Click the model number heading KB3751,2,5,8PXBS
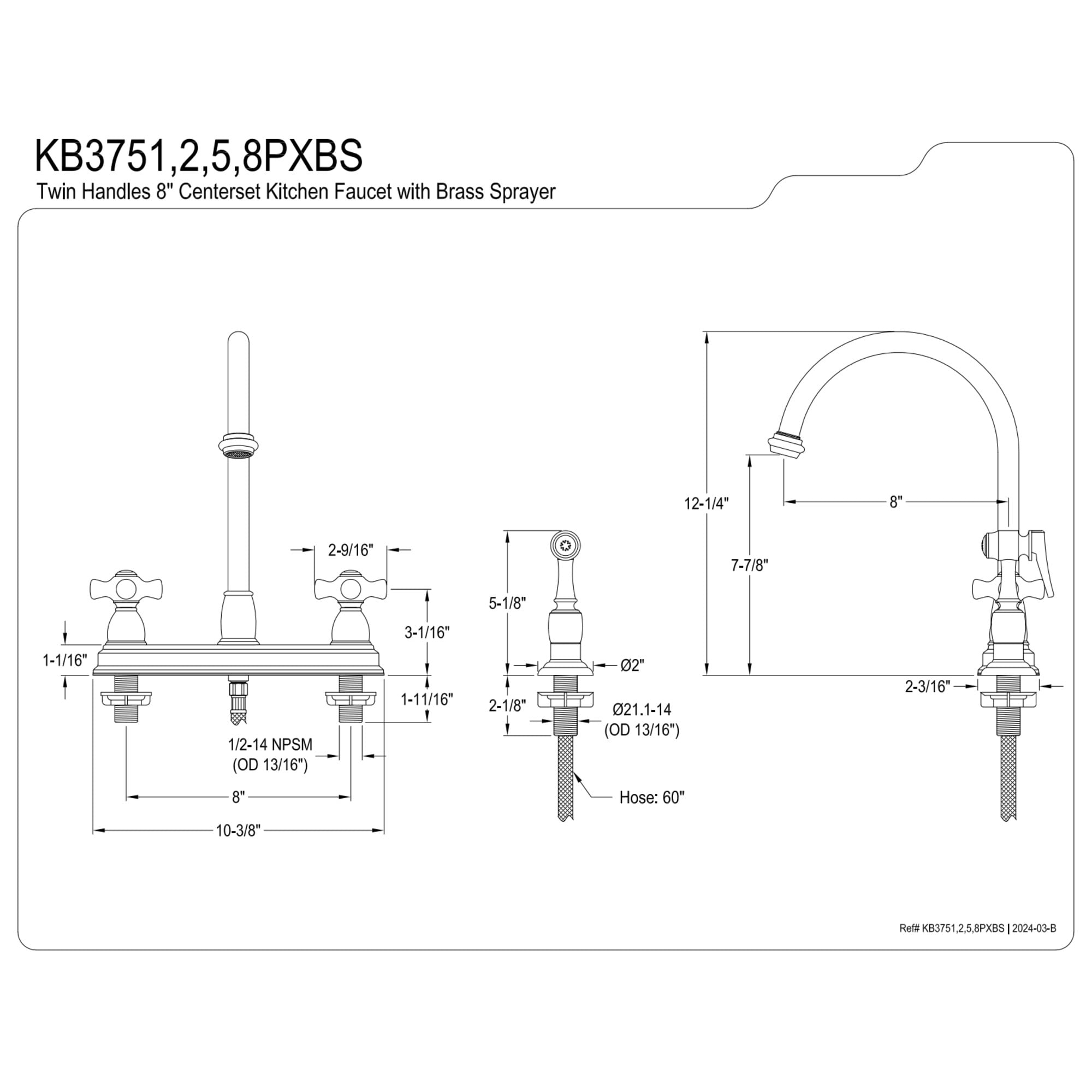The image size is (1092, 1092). coord(199,156)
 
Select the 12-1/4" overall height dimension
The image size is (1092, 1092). coord(707,503)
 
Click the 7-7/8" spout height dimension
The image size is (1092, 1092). coord(750,565)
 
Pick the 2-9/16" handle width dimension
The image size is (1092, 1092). coord(351,550)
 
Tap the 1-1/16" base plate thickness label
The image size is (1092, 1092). coord(66,660)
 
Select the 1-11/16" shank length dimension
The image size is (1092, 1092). coord(427,700)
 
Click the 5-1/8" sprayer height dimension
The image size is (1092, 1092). coord(508,603)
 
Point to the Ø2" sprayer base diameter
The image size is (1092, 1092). coord(632,665)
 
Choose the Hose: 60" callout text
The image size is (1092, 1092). coord(652,798)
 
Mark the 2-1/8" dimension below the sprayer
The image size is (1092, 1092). coord(508,705)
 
